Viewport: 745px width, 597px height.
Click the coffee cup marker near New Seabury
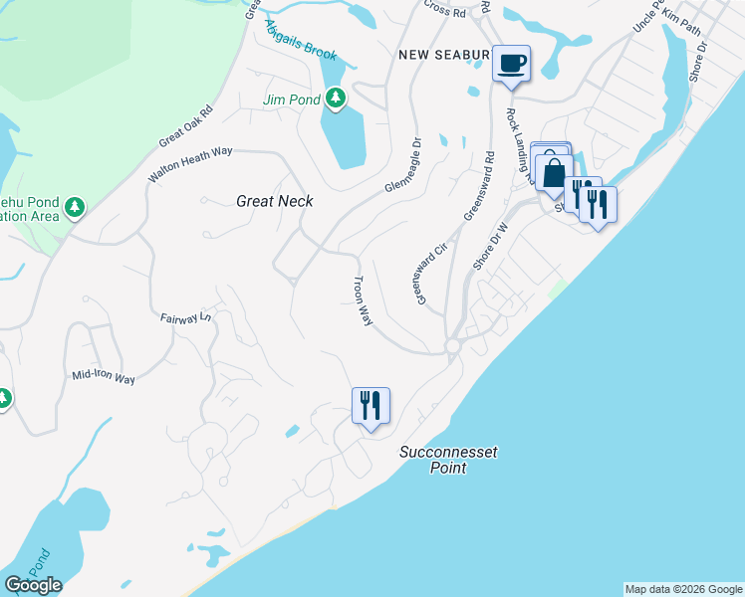point(512,64)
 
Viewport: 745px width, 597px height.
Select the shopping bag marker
point(554,172)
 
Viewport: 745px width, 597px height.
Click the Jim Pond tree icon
point(337,98)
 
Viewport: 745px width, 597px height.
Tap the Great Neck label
point(275,201)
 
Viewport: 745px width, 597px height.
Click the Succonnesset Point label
point(448,460)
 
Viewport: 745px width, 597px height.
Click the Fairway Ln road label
point(186,318)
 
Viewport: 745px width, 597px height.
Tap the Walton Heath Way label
point(189,164)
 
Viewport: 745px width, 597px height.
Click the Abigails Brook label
point(301,41)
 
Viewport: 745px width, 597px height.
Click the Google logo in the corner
point(33,585)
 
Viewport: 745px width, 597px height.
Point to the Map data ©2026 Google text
point(682,589)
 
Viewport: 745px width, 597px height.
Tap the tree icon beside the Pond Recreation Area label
point(74,208)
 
